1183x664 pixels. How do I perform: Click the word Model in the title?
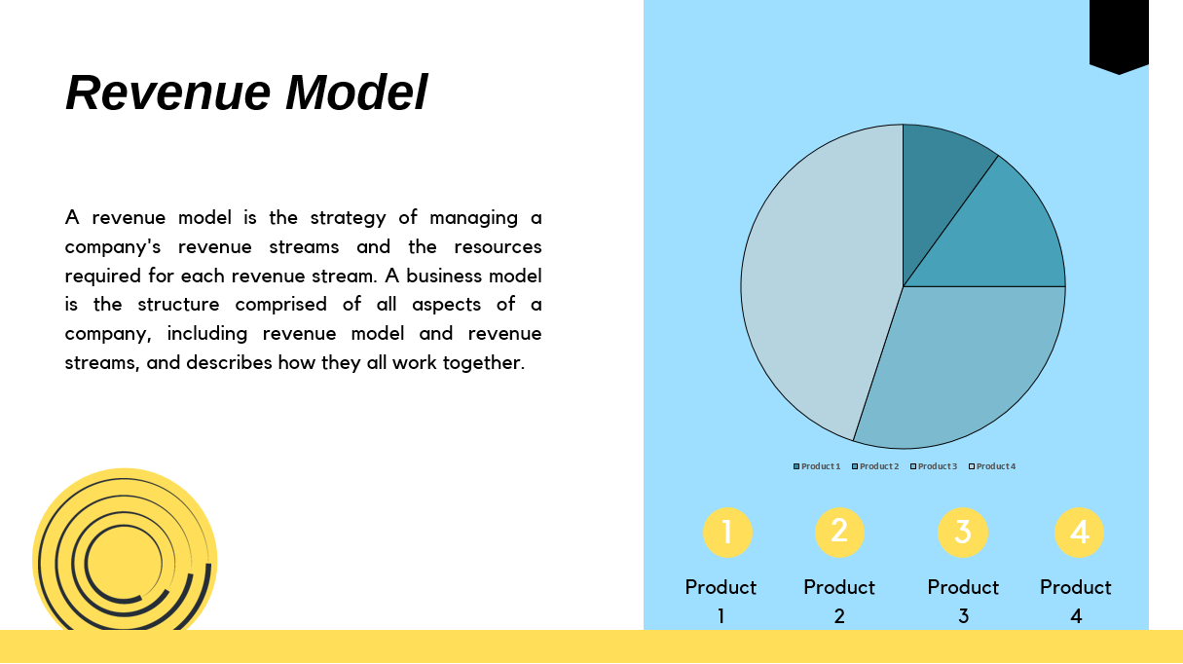click(355, 93)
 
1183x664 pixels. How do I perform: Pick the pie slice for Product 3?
click(964, 360)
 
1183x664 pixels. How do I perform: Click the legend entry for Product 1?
click(817, 466)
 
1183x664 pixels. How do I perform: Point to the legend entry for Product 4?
click(992, 466)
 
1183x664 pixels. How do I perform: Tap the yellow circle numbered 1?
click(726, 533)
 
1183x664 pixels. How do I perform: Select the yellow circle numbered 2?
click(839, 532)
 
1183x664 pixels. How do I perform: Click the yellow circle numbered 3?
click(962, 533)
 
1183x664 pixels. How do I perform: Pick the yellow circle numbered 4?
click(1079, 533)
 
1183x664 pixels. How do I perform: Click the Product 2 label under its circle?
click(839, 601)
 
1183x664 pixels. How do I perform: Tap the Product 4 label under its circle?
click(1076, 601)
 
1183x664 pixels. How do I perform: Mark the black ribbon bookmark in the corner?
click(1119, 34)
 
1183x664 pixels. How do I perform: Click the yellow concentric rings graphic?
click(124, 560)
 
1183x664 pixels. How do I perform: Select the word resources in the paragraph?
click(498, 246)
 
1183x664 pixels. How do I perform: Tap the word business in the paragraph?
click(444, 276)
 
